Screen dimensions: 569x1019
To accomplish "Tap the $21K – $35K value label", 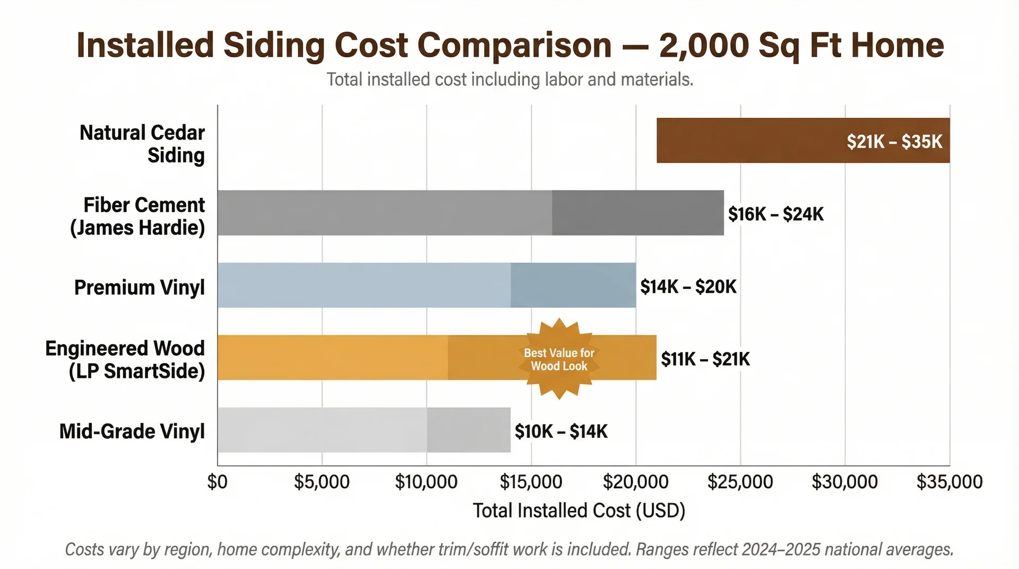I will click(x=894, y=142).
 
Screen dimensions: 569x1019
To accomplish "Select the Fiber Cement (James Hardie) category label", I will click(x=138, y=216).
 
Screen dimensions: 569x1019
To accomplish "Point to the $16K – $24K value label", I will click(x=775, y=214).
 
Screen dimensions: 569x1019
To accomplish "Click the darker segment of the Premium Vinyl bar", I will click(x=573, y=285).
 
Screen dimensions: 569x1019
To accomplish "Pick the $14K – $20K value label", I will click(x=688, y=287).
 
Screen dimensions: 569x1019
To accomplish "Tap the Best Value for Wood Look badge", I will click(x=559, y=359).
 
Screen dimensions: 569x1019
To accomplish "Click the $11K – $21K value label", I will click(x=705, y=359).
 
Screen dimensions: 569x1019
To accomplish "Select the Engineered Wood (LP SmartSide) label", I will click(x=125, y=359).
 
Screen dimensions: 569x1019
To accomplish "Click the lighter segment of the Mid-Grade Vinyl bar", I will click(x=322, y=430).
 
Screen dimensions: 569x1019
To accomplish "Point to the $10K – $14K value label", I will click(x=561, y=432).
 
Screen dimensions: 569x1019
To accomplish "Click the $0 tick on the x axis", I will click(x=217, y=482).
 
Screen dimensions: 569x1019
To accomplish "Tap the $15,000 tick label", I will click(x=531, y=482).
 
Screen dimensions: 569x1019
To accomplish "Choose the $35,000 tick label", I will click(x=949, y=482).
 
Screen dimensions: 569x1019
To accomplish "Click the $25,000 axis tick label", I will click(x=740, y=482).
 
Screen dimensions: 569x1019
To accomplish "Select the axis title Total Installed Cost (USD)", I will click(x=579, y=511).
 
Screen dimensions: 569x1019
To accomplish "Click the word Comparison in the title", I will click(x=515, y=46).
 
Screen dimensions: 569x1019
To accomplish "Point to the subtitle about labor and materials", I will click(x=509, y=80).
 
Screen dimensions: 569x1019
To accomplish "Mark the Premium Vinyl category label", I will click(x=139, y=287).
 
